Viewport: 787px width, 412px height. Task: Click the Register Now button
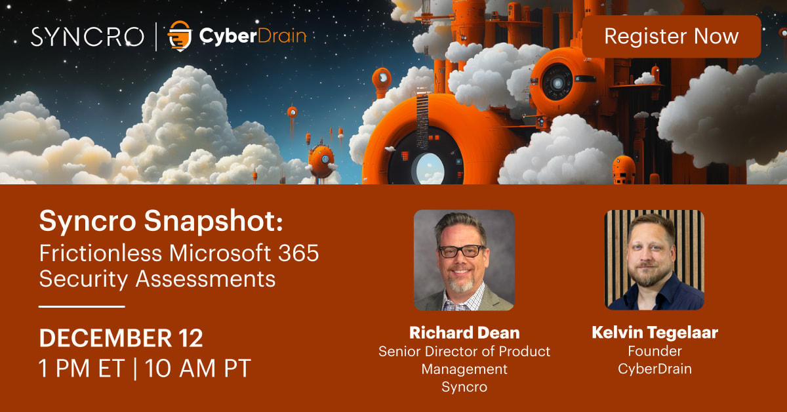point(671,36)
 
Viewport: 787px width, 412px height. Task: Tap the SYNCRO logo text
point(87,36)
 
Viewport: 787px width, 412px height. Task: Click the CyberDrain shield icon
point(178,36)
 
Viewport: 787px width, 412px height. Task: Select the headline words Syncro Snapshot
point(161,222)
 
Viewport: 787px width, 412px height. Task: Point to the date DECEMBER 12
point(121,338)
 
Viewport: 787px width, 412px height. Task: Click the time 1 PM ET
point(81,368)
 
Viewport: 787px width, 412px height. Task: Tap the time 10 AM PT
point(198,368)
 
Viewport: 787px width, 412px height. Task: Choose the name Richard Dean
point(464,332)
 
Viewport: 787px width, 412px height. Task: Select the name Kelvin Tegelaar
point(655,333)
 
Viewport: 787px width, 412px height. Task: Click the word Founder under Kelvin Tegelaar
point(655,351)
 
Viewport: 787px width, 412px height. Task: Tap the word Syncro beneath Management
point(464,386)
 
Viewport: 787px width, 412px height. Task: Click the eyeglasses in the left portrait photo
point(462,251)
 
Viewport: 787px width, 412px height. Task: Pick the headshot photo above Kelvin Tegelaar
point(655,260)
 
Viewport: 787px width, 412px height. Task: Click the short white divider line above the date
point(81,306)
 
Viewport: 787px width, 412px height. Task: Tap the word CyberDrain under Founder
point(655,369)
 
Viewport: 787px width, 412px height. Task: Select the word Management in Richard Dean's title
point(464,369)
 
